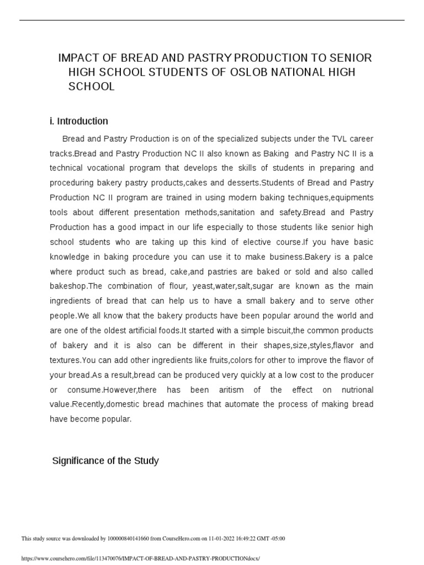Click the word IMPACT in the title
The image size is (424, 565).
tap(78, 58)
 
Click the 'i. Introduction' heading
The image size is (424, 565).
tap(79, 121)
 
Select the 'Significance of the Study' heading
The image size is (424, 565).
tap(105, 460)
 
